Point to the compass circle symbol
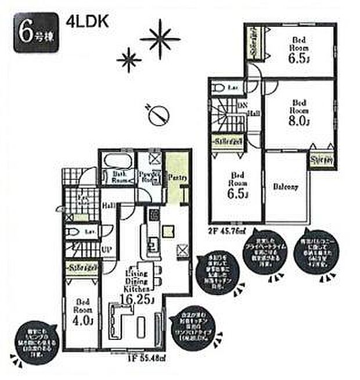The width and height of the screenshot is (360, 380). [x=158, y=116]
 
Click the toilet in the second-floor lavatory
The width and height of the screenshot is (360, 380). [x=219, y=88]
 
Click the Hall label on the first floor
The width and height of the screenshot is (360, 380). [x=109, y=205]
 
